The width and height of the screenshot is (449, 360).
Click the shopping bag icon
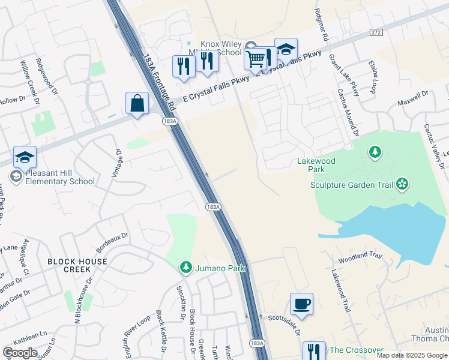click(137, 103)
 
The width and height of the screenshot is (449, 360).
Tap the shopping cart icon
click(255, 59)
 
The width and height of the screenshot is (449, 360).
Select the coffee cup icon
click(301, 304)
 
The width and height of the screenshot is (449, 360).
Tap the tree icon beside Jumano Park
click(186, 268)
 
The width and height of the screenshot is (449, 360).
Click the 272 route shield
click(376, 32)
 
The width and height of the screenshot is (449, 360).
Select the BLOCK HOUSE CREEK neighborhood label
click(77, 265)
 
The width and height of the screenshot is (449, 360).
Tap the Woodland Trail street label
click(360, 256)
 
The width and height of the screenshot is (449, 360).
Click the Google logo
click(20, 353)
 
